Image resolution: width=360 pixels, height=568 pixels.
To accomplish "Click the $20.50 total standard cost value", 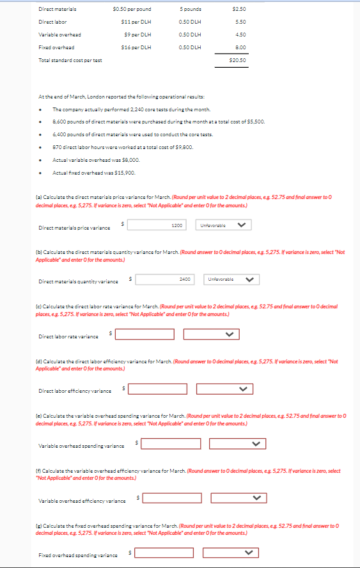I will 237,59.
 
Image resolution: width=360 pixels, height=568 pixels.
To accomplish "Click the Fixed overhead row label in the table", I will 56,47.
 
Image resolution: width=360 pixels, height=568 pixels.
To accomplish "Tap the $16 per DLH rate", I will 136,47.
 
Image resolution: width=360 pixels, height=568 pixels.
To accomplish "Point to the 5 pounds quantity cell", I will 191,9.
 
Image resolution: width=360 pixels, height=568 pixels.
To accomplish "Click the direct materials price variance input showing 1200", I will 158,225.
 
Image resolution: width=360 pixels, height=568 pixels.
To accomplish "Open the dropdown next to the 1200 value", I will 223,225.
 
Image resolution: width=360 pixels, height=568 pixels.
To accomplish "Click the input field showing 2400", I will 166,280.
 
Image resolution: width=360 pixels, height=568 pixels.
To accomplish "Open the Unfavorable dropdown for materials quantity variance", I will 231,280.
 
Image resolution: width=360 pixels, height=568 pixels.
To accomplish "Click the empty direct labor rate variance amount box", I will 145,335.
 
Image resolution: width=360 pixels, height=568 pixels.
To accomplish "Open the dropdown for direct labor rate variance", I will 212,335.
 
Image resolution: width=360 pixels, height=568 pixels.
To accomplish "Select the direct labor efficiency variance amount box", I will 157,389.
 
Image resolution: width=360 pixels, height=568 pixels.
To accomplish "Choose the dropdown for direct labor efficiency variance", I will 224,389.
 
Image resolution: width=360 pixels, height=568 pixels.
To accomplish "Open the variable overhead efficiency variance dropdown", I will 237,498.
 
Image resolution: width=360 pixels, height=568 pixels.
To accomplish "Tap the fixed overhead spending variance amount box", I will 164,553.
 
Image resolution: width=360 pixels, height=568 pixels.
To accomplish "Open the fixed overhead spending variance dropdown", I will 230,553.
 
